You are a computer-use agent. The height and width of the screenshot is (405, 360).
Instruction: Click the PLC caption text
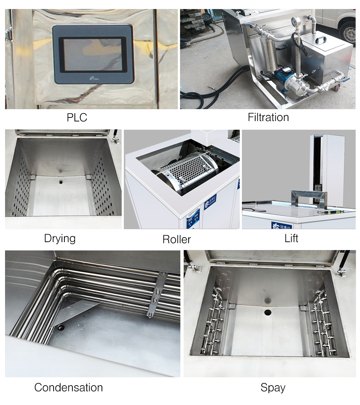click(77, 117)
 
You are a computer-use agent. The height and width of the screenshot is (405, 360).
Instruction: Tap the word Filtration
click(268, 117)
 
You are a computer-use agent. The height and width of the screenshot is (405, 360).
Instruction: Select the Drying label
click(60, 238)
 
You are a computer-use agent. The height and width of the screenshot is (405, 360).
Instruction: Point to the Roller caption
click(176, 239)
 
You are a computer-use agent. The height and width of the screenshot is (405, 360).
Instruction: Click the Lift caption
click(291, 238)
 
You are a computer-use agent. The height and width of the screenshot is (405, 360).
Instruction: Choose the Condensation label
click(68, 387)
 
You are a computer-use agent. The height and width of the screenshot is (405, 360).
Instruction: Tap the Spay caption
click(273, 388)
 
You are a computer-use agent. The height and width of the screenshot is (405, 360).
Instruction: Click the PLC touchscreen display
click(93, 54)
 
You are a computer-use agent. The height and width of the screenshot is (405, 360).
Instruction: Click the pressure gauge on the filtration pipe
click(297, 22)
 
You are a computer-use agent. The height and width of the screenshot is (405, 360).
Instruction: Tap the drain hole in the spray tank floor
click(267, 312)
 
